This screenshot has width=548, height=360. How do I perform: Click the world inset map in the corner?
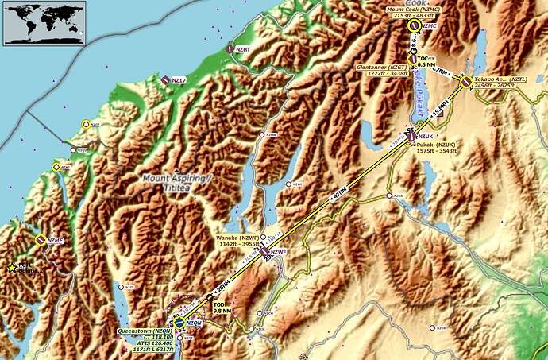tap(36, 22)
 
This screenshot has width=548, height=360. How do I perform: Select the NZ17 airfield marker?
tap(165, 79)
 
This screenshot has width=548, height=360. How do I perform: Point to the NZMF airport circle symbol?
tap(41, 240)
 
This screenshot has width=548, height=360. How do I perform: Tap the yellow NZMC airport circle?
tap(413, 26)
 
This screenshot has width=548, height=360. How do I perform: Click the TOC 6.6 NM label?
tap(426, 61)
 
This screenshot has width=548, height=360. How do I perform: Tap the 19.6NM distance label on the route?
tap(439, 112)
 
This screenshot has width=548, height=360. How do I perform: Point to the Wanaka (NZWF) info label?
tap(237, 241)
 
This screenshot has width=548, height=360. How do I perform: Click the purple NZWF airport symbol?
tap(264, 252)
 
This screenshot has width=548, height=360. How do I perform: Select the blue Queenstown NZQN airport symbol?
tap(179, 323)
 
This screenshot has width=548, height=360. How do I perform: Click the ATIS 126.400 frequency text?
tap(147, 343)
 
